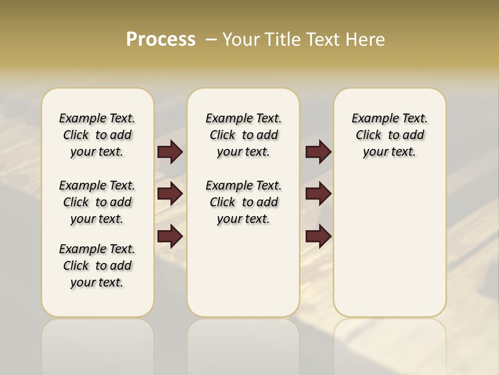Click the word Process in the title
(x=161, y=39)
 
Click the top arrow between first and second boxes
(x=170, y=152)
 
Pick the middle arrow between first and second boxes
(x=170, y=194)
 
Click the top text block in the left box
(x=97, y=135)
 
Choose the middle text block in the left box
(x=97, y=202)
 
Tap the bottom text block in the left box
(x=97, y=266)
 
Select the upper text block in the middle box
(x=243, y=135)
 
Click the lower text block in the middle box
(x=243, y=202)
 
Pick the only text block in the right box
(x=389, y=135)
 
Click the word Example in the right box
(x=372, y=119)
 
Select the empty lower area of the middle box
(x=243, y=271)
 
